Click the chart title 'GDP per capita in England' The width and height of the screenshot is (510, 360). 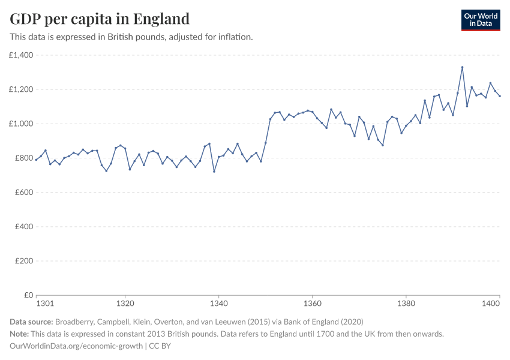pos(100,19)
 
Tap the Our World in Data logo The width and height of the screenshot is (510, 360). pos(480,20)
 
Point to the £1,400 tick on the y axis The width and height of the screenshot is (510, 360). pos(21,55)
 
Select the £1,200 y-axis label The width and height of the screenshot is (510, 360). pos(21,89)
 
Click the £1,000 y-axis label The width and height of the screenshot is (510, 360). pos(21,124)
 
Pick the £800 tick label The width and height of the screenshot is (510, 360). pos(23,158)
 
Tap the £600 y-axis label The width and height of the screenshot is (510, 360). pos(23,193)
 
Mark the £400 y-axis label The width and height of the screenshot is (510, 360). pos(23,227)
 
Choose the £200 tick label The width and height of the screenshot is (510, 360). pos(23,261)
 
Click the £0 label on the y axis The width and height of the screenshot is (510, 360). pos(28,295)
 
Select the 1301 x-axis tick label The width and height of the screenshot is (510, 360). pos(45,305)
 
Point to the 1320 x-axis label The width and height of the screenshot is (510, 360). pos(125,305)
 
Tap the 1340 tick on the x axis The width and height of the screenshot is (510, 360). pos(218,305)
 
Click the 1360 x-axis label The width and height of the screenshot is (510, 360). pos(312,305)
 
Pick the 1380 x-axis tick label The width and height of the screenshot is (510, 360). pos(406,305)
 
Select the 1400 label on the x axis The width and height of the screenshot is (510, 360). pos(491,305)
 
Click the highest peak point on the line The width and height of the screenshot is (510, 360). pos(462,67)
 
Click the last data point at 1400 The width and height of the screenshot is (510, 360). pos(499,96)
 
